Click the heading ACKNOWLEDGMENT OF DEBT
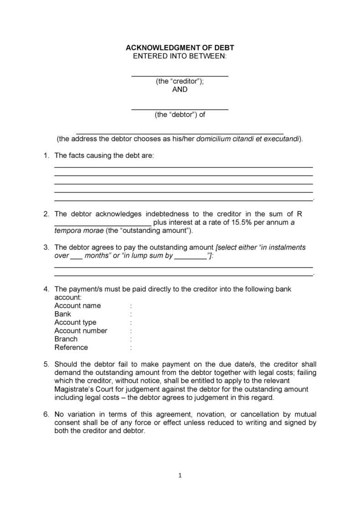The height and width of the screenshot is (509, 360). (x=180, y=47)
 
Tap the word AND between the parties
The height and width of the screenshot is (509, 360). (x=180, y=90)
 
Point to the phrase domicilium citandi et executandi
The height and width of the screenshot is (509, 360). (x=247, y=139)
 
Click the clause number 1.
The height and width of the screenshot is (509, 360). (x=46, y=156)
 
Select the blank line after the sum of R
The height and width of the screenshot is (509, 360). (x=103, y=224)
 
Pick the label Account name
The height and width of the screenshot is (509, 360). (x=77, y=305)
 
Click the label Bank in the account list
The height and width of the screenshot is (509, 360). (x=63, y=314)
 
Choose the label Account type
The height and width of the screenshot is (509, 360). (x=75, y=322)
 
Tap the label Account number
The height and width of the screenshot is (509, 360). (x=81, y=331)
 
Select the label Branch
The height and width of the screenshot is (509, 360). (x=66, y=339)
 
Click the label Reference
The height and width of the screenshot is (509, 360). (x=71, y=348)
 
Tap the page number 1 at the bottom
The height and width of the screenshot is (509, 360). (x=180, y=476)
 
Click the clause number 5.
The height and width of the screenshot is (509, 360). (x=46, y=364)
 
